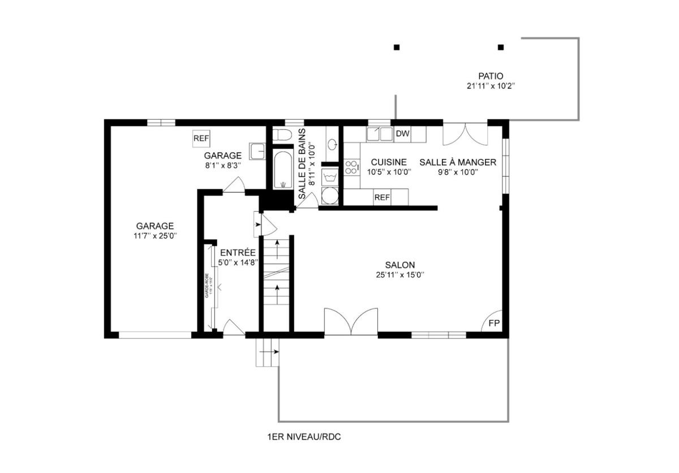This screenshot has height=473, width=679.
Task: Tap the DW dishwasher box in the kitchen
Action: (x=402, y=134)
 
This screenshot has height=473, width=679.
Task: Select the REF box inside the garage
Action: (x=201, y=138)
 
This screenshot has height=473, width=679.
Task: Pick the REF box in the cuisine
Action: (x=382, y=197)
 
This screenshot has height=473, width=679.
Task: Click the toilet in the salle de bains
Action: (x=282, y=134)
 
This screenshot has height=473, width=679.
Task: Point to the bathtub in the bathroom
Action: (x=282, y=168)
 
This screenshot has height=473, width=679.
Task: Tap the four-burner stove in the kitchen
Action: (x=351, y=167)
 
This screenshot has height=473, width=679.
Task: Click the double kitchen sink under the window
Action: (x=379, y=134)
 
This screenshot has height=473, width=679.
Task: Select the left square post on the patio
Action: (x=397, y=47)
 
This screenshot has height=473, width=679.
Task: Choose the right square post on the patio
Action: (x=500, y=47)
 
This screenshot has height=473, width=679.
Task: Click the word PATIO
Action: (x=490, y=76)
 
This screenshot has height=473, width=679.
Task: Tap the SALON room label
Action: (x=400, y=264)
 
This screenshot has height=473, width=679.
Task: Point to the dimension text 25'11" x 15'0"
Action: (x=400, y=275)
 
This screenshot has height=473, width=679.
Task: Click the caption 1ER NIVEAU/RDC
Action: (x=304, y=437)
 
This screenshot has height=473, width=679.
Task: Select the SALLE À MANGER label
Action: (x=457, y=162)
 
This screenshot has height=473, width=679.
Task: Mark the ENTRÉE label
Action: (x=238, y=253)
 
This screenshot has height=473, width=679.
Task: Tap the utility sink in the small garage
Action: (x=258, y=152)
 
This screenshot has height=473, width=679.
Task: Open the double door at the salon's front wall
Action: (x=351, y=322)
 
